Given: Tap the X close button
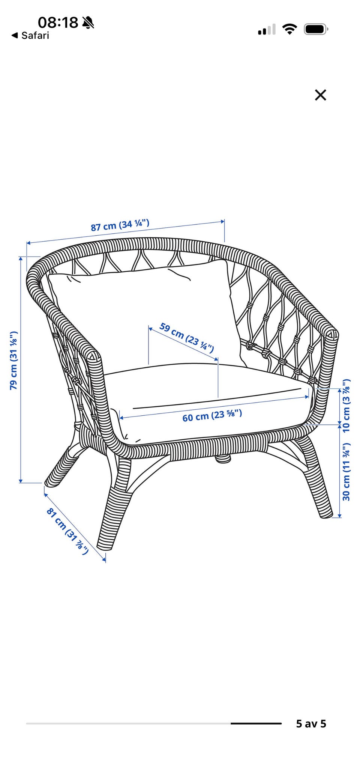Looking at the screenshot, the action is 321,95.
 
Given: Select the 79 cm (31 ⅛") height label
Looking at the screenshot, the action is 13,360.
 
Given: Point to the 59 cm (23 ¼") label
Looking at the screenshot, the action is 187,337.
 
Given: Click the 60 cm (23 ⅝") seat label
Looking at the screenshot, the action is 212,416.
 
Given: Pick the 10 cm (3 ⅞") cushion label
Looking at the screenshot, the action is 346,405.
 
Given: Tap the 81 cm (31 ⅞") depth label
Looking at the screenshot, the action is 67,531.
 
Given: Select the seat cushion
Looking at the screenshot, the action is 210,401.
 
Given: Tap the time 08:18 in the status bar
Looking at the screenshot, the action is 58,23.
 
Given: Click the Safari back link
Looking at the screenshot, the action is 30,36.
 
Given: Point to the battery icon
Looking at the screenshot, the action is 316,29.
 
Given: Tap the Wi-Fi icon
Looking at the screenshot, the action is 289,29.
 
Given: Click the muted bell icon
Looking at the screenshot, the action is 88,23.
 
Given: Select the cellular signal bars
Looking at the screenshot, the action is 267,30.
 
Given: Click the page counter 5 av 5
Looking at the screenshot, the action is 311,723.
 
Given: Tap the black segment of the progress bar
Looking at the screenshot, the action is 256,723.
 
